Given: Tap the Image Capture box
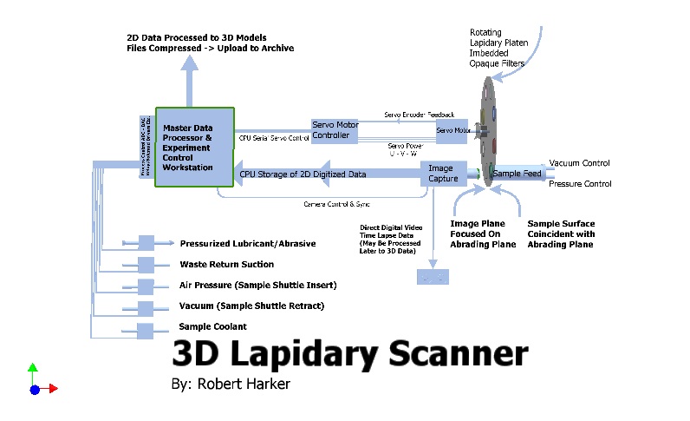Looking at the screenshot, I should pos(442,174).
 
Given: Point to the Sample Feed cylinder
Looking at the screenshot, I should pos(516,174).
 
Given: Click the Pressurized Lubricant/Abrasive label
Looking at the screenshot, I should pos(247,243).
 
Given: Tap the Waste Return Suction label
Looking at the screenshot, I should pos(226,264).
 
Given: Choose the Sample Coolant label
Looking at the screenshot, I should pos(213,326).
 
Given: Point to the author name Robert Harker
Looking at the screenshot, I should pos(244,382).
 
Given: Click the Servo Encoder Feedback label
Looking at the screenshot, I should pos(420,115).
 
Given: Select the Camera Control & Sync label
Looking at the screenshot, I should pos(336,204).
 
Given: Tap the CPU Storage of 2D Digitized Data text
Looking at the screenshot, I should pos(303,174).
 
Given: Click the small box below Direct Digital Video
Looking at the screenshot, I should pos(433,276).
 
